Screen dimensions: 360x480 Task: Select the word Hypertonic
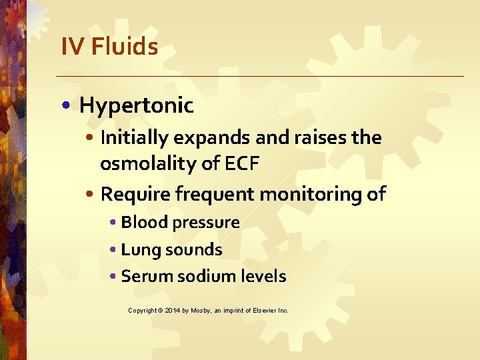[x=136, y=105]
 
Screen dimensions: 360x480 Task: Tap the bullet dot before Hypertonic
[x=69, y=106]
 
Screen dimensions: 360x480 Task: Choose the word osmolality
[x=141, y=163]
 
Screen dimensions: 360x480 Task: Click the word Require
[x=130, y=194]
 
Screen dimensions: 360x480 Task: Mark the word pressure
[x=203, y=223]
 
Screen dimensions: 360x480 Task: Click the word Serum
[x=142, y=276]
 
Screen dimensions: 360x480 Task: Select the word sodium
[x=197, y=276]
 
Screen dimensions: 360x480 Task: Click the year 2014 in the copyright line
[x=172, y=311]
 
